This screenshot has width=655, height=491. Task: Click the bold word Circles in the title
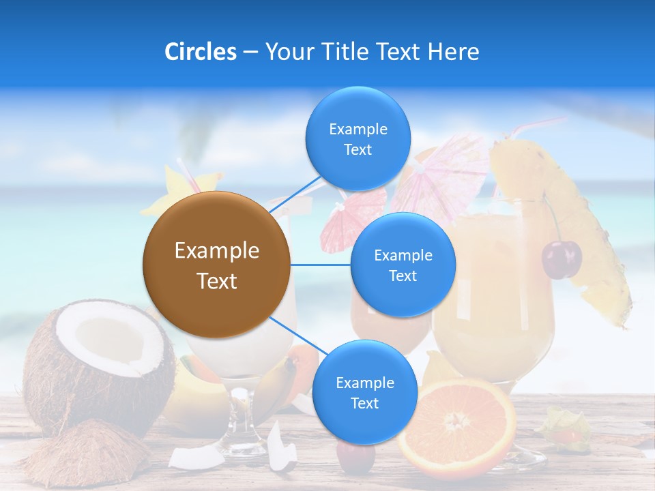point(200,52)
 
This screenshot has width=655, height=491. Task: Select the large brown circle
point(216,265)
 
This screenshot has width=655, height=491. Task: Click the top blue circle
point(358,138)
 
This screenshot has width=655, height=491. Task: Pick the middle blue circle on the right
point(403,265)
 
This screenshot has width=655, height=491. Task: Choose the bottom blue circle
point(364,392)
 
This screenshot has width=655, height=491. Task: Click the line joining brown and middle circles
point(320,264)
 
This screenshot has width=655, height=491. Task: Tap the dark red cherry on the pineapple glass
point(562,259)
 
